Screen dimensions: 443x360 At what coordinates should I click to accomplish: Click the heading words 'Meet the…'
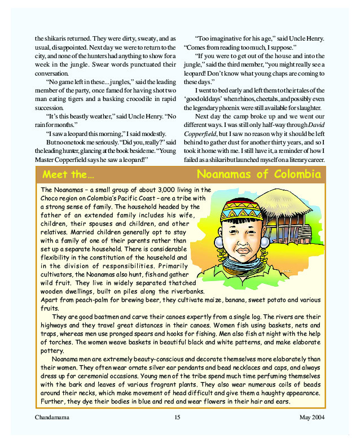(68, 174)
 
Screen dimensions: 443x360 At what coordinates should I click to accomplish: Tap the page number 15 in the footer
(177, 417)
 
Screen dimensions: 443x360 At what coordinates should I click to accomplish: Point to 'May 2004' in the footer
(311, 417)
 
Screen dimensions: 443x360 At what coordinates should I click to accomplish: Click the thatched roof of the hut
(293, 203)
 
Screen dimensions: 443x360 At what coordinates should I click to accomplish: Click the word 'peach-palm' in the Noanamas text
(83, 300)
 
